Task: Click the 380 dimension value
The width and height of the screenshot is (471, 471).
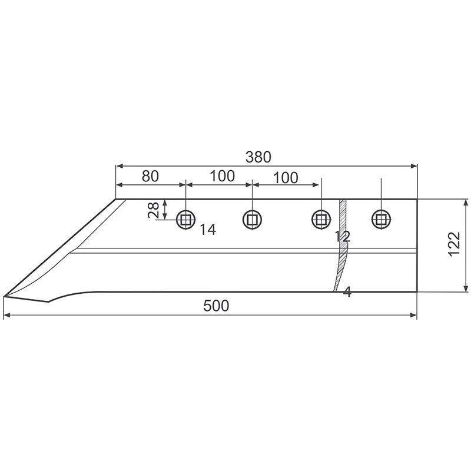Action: click(258, 157)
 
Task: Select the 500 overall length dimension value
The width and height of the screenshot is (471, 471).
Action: click(216, 306)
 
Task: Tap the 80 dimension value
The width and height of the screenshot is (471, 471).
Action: click(150, 176)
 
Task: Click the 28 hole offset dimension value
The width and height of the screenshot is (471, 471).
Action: click(154, 210)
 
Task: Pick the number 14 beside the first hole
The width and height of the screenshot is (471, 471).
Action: click(208, 230)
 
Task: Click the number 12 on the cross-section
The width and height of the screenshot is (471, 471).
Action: click(343, 237)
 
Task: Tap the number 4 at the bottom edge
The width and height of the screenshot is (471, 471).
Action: click(347, 292)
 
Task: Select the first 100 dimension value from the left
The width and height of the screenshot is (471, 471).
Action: click(222, 176)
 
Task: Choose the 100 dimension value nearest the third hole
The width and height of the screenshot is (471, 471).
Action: click(286, 178)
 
